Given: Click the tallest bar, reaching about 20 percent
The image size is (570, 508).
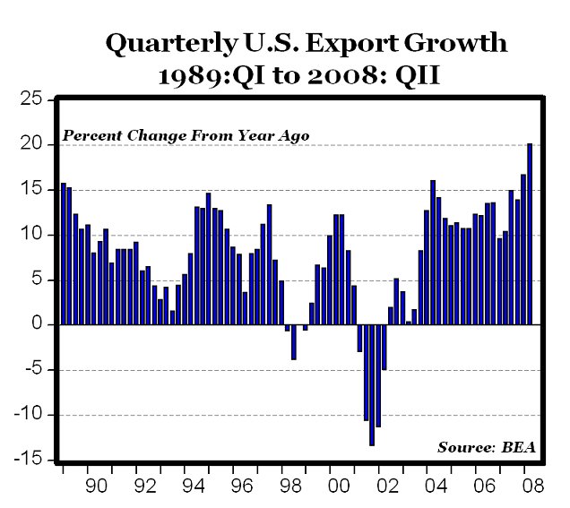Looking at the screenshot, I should coord(530,234).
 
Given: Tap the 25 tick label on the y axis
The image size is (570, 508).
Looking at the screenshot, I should coord(33,99).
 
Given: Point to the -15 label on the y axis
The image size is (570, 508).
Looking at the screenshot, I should coord(30,460).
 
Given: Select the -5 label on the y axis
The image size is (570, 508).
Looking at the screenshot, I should coord(33,369).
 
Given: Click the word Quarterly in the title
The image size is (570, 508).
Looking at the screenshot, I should coord(168,44).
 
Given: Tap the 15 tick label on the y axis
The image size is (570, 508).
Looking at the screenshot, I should coord(33,189).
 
